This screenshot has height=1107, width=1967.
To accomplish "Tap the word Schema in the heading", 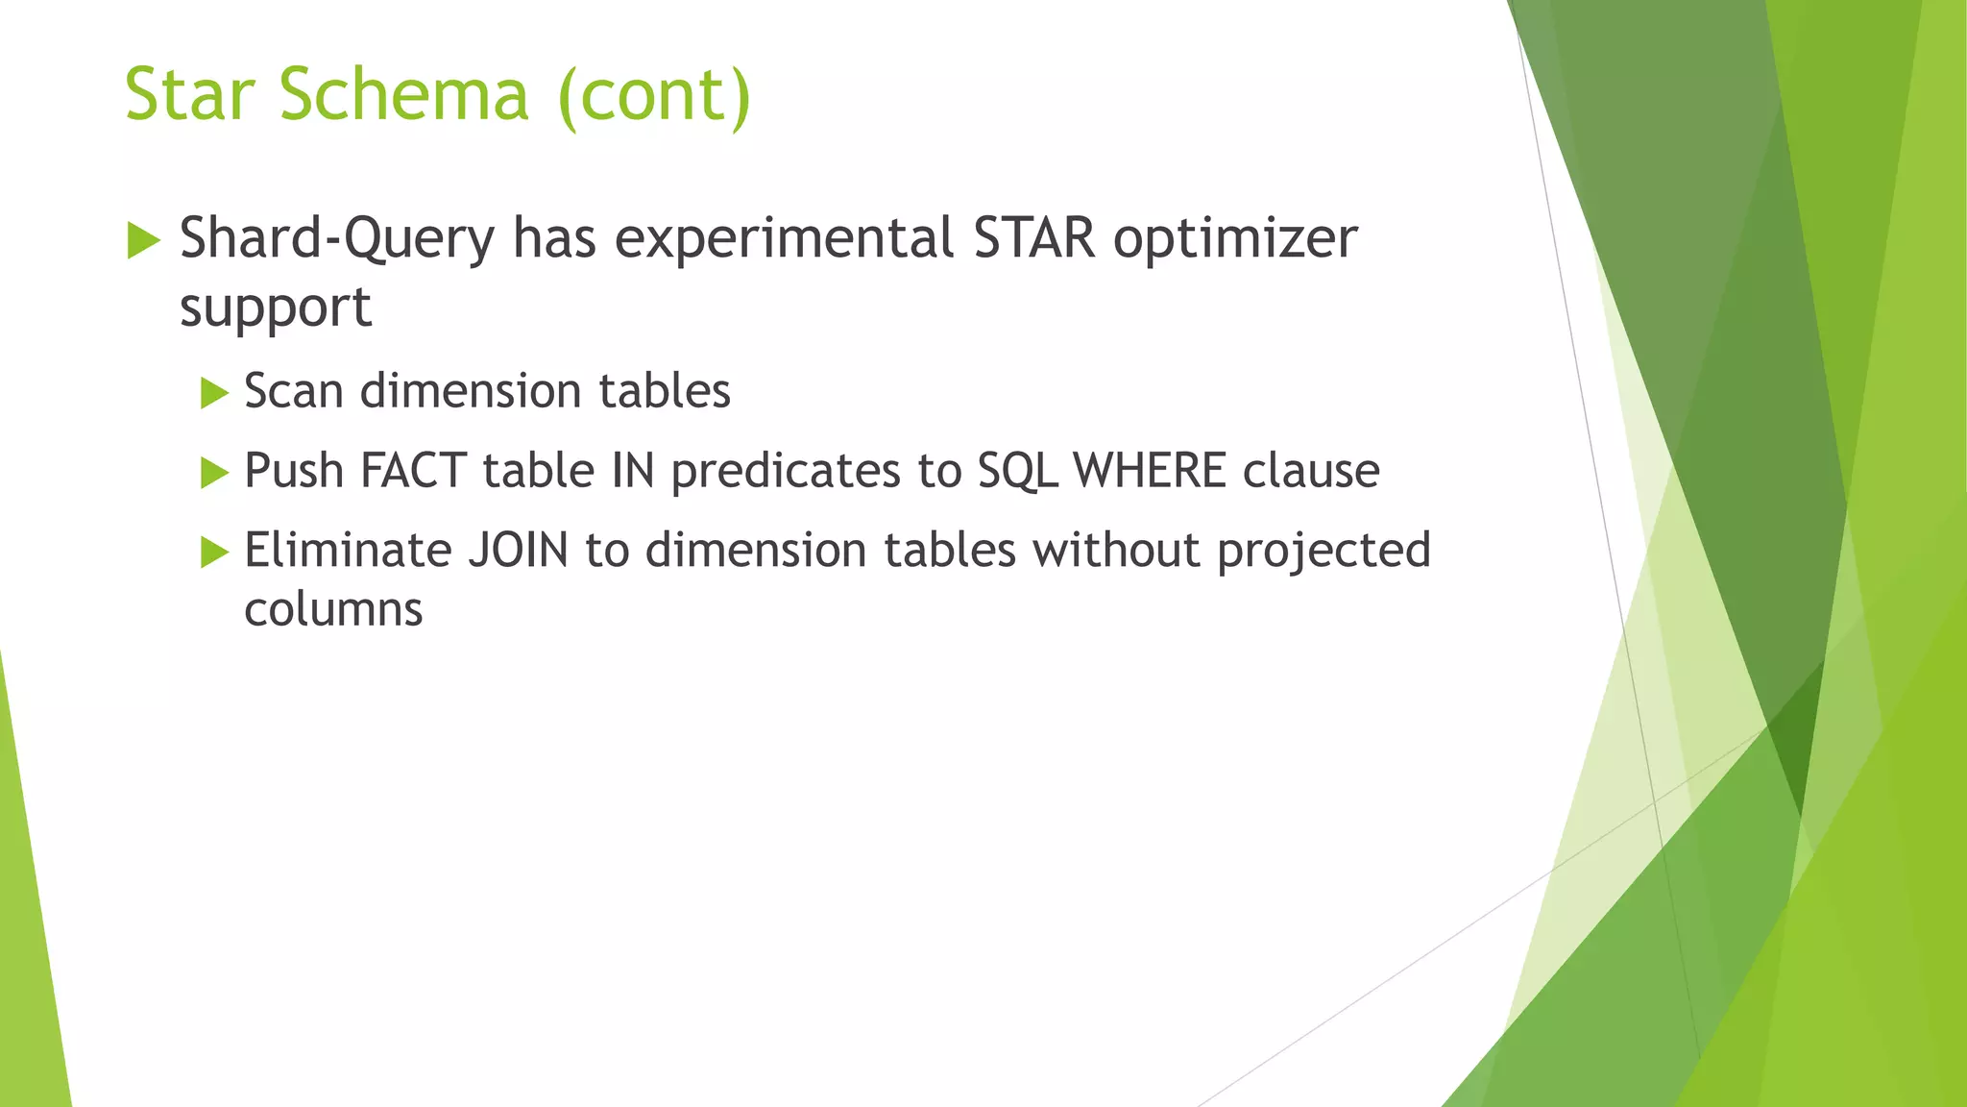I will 404,95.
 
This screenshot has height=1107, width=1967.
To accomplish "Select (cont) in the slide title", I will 654,97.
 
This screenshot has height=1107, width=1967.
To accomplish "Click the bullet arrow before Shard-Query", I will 143,239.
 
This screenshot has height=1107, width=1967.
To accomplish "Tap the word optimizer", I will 1235,241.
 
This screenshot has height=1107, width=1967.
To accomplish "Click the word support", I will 276,309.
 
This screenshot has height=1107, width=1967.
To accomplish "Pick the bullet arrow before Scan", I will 214,393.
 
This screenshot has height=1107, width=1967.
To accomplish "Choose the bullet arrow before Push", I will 214,473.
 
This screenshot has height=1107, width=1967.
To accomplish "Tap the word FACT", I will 413,471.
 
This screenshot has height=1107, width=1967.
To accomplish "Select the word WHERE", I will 1150,471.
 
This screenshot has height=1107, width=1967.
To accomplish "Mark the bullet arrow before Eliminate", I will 214,553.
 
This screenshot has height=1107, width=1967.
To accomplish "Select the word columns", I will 333,609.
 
